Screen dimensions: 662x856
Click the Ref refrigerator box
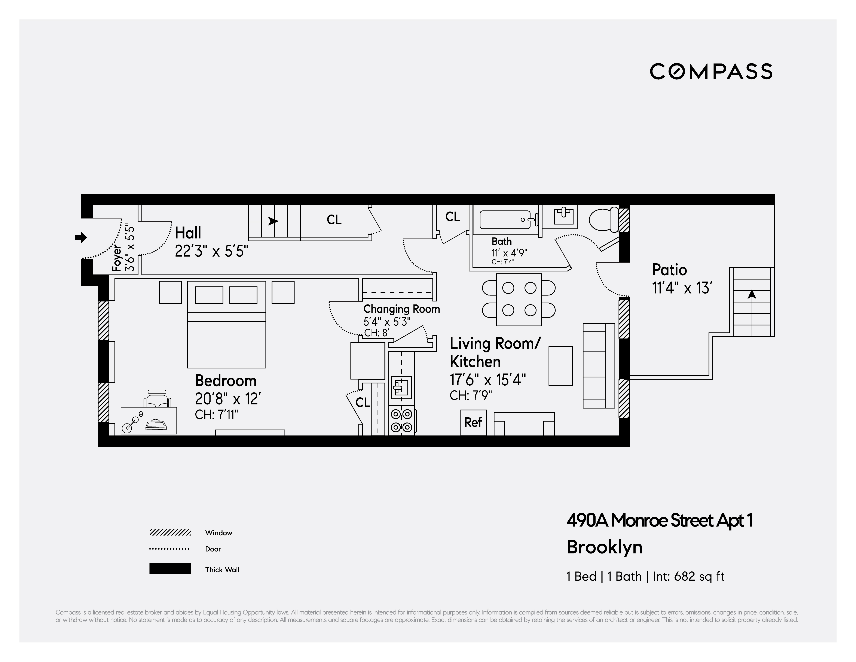click(473, 422)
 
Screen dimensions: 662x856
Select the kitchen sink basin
click(401, 388)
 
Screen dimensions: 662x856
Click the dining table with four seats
click(519, 300)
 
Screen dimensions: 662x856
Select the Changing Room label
click(401, 309)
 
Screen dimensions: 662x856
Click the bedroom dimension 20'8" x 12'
click(228, 399)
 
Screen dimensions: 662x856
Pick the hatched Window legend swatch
click(170, 532)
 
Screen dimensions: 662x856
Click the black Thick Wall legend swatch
click(170, 569)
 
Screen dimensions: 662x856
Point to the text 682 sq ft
click(699, 577)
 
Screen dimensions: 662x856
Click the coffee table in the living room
click(560, 365)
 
